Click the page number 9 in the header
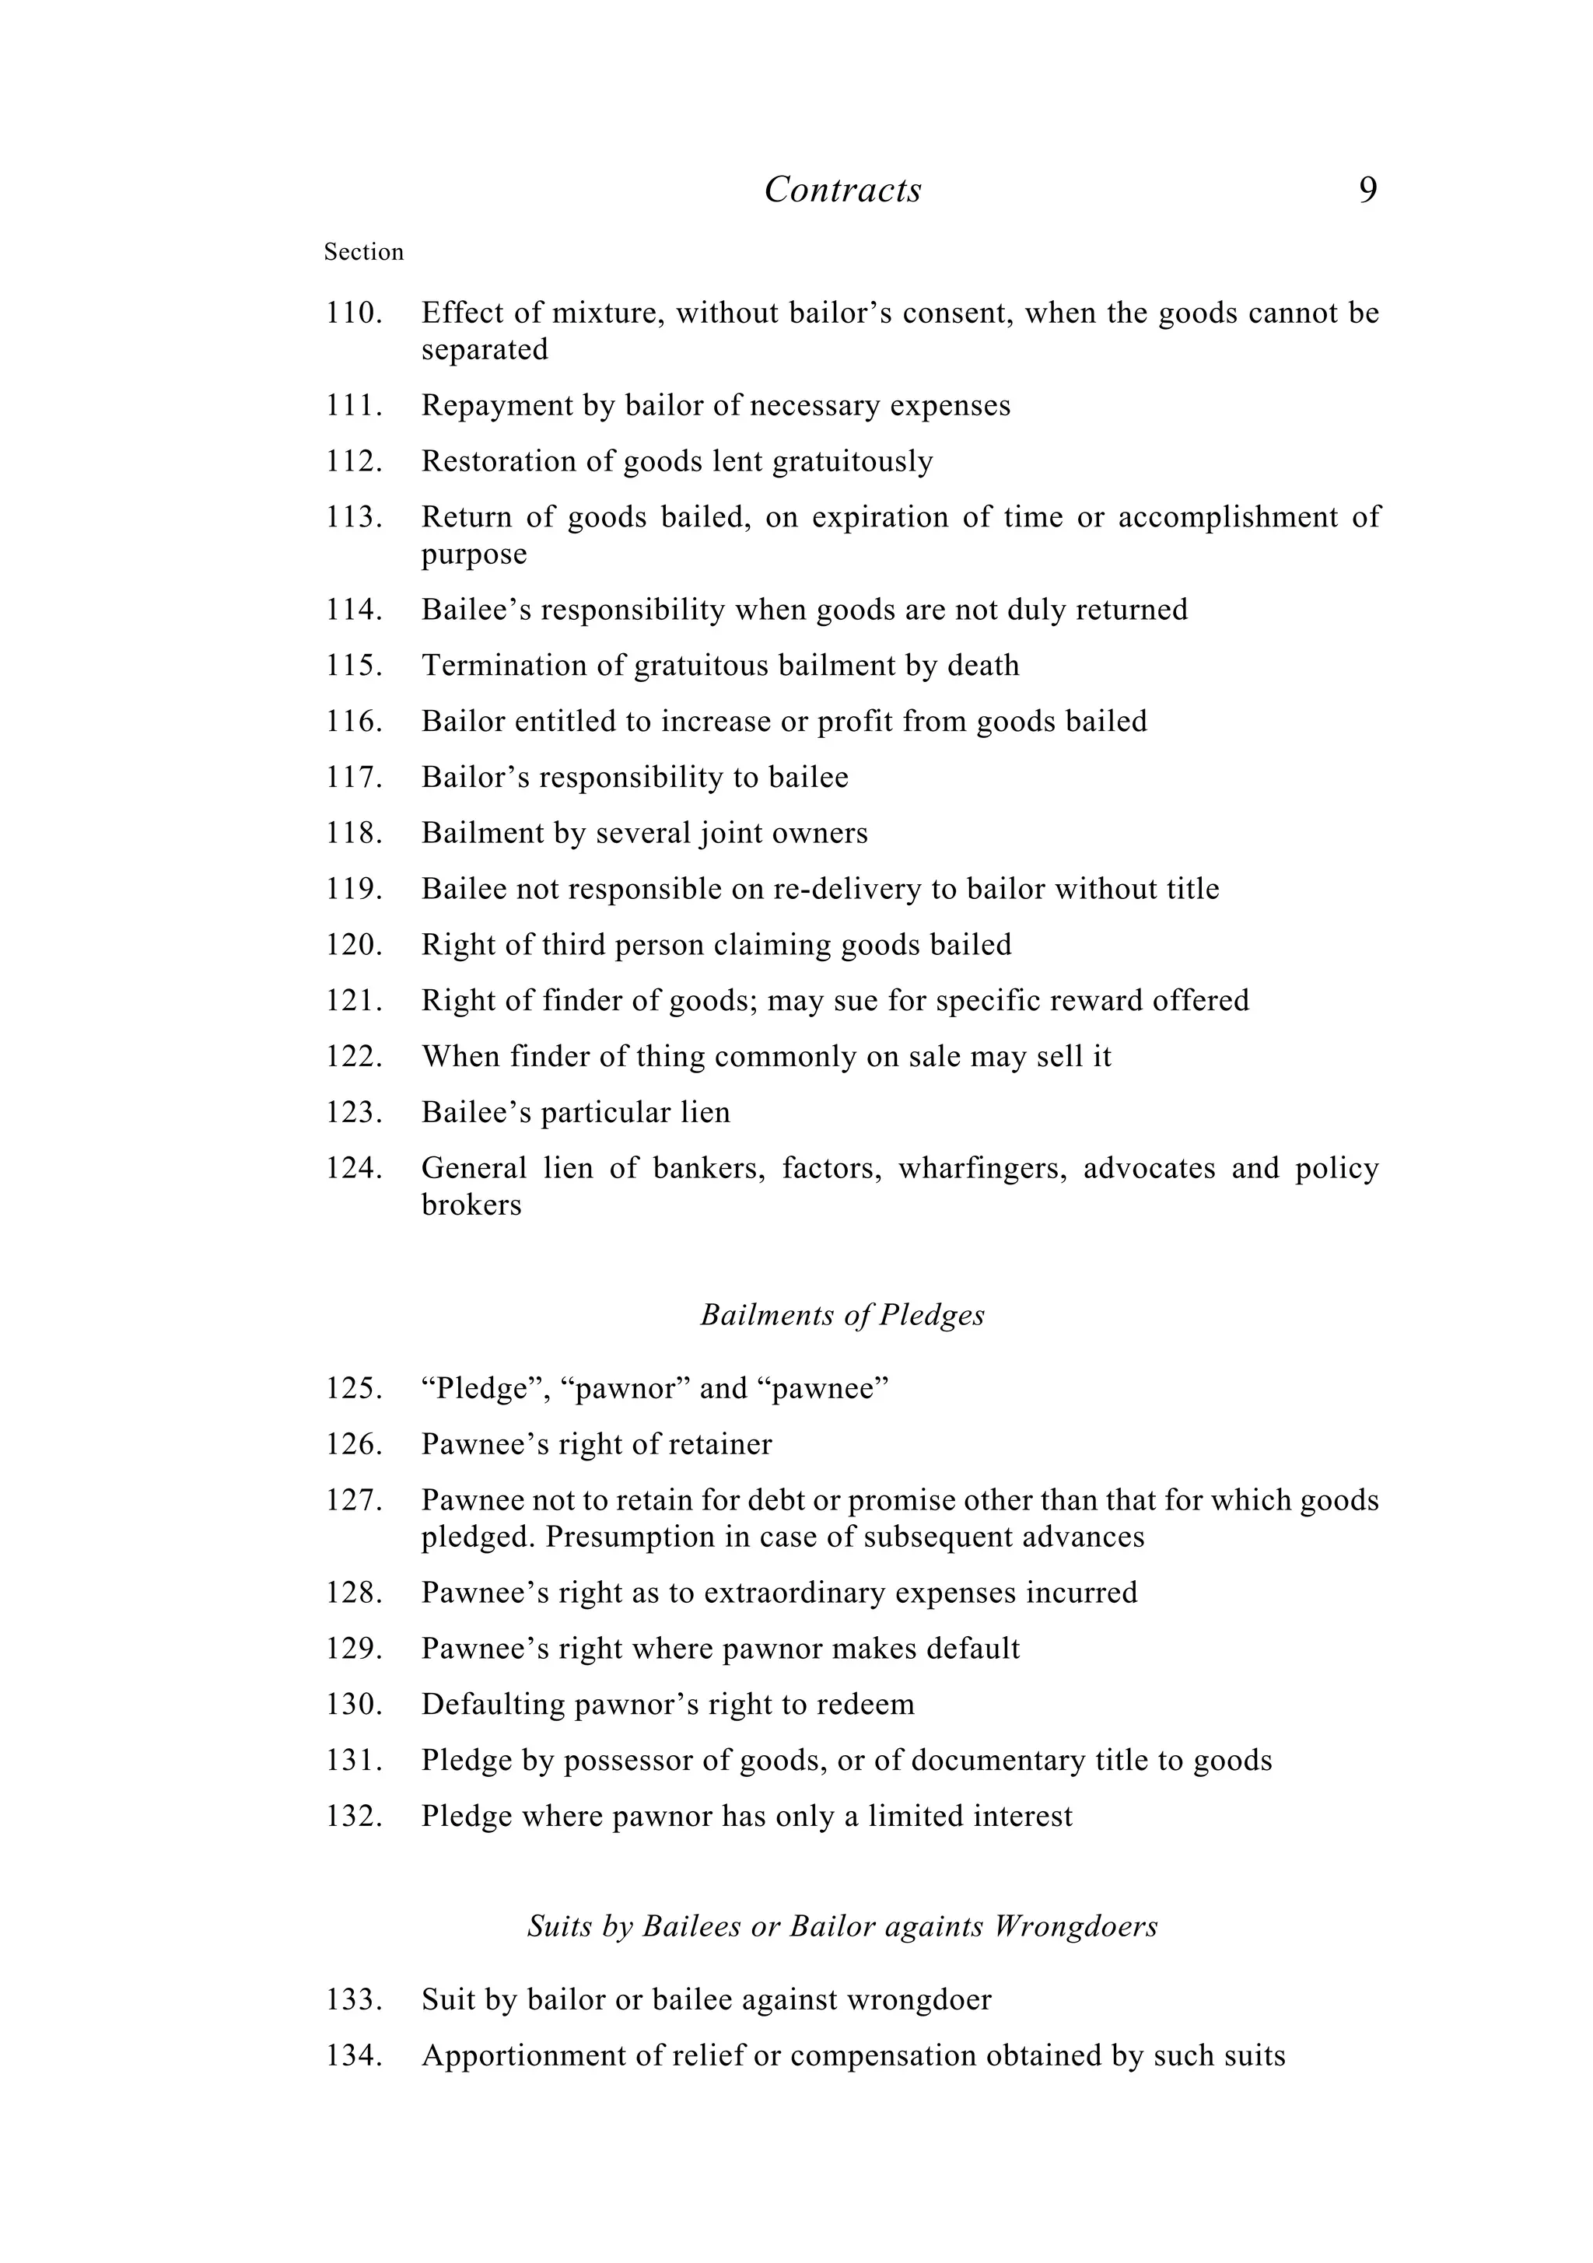(1367, 189)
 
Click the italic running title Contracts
(843, 189)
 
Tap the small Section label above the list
(364, 252)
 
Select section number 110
(353, 313)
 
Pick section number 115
(353, 666)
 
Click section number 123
(353, 1113)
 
